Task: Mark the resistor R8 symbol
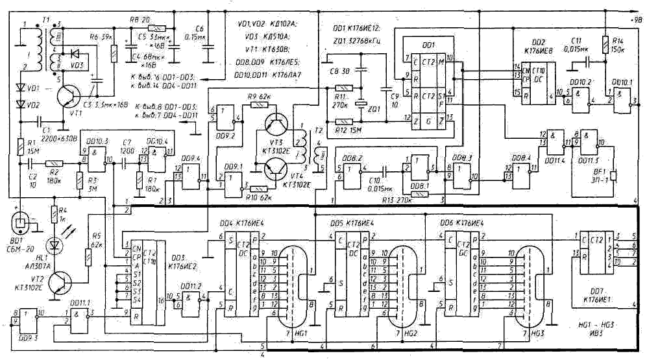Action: pyautogui.click(x=157, y=29)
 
